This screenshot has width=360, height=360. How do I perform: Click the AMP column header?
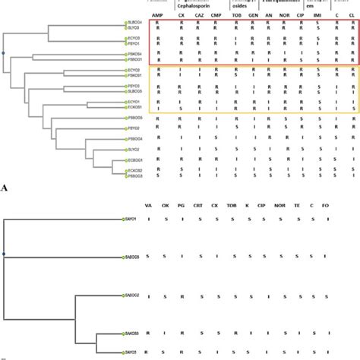(x=157, y=14)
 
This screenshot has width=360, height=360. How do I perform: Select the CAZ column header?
(x=198, y=14)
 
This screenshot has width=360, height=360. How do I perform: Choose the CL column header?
(x=350, y=14)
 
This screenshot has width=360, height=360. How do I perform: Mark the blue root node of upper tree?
(x=4, y=52)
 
